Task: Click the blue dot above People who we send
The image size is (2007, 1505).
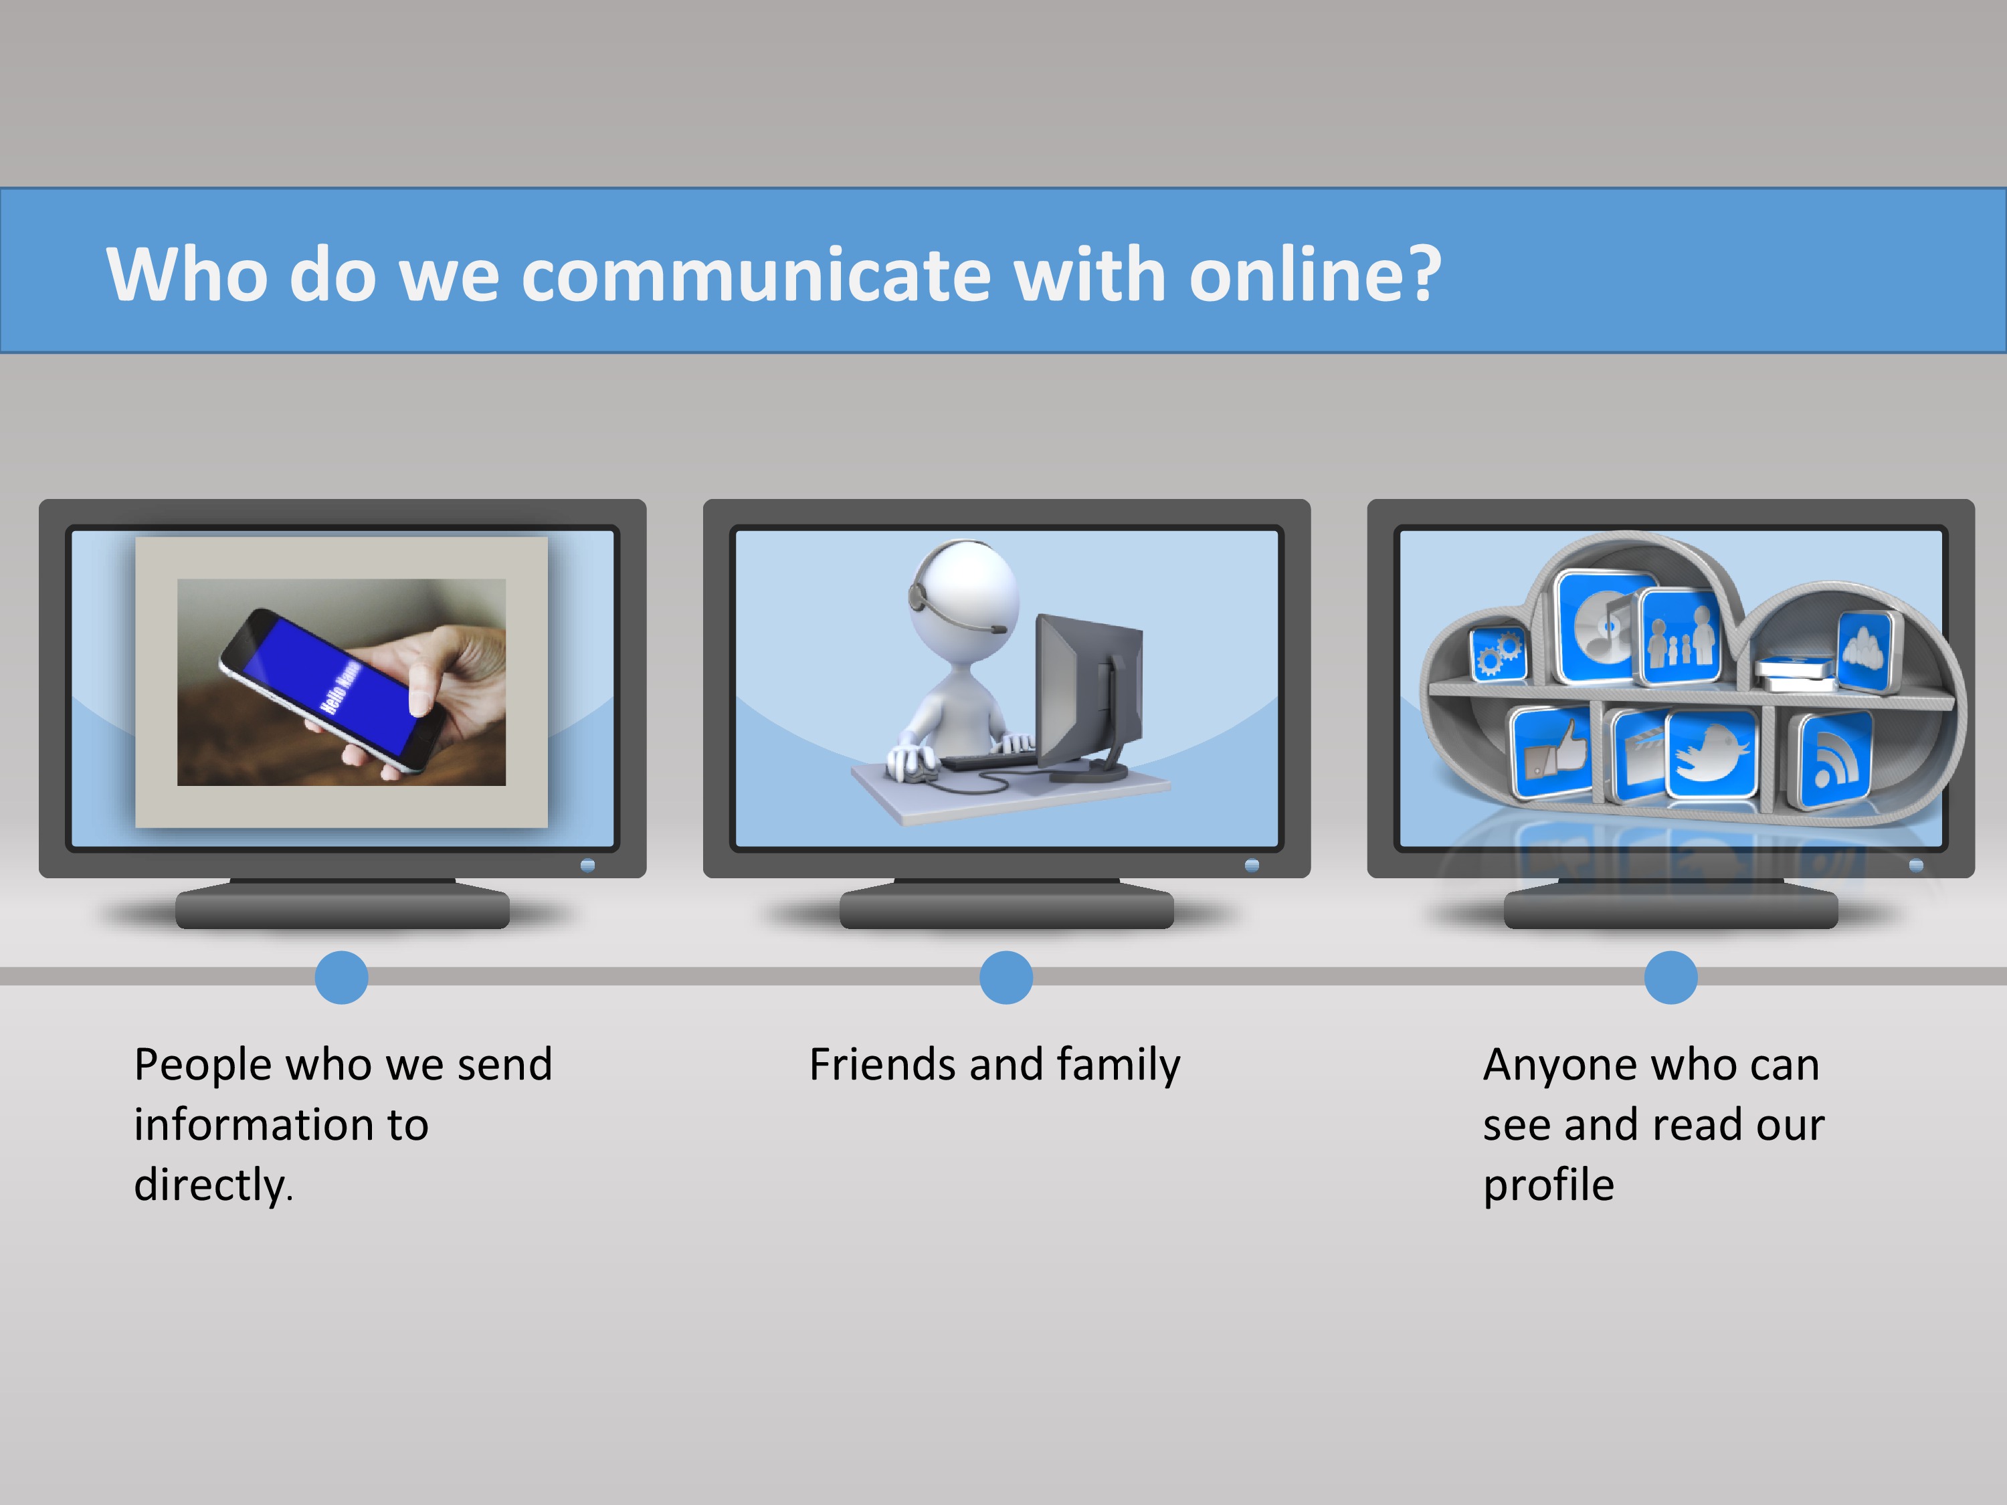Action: (x=341, y=977)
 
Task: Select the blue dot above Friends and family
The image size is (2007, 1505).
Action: (x=1006, y=977)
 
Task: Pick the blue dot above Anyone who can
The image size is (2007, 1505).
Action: (x=1670, y=977)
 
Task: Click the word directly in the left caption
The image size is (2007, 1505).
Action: (x=211, y=1185)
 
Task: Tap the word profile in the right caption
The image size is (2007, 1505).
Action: (x=1548, y=1185)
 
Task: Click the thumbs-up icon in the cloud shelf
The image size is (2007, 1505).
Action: (x=1551, y=752)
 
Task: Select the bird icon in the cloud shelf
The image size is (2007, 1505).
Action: (x=1711, y=754)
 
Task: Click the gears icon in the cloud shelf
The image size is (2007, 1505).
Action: (x=1497, y=653)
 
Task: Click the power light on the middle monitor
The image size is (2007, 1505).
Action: (x=1252, y=866)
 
